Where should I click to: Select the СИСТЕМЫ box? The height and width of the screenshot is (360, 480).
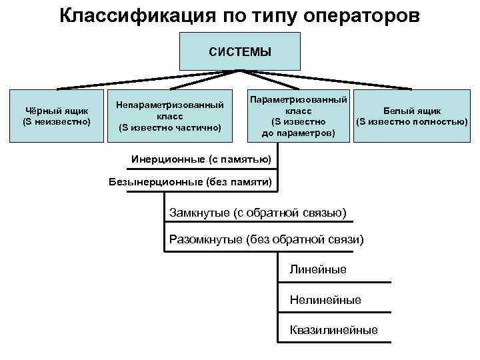(240, 51)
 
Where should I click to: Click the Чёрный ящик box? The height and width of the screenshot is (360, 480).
(57, 116)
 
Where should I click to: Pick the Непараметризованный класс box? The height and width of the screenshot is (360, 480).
(169, 116)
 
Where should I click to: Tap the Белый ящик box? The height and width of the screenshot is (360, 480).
(411, 116)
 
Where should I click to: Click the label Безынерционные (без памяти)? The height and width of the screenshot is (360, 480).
(191, 182)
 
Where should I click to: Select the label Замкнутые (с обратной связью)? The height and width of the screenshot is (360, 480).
(258, 213)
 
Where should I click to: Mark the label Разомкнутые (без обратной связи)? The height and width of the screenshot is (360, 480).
(267, 239)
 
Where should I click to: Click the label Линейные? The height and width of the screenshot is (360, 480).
(318, 269)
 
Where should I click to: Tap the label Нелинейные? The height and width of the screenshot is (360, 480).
(325, 300)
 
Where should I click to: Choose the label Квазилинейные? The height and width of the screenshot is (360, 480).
(333, 330)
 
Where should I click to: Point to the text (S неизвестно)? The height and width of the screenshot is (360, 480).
(57, 122)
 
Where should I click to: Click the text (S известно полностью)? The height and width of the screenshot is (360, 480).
(411, 122)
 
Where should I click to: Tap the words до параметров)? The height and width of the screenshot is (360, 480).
(298, 133)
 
